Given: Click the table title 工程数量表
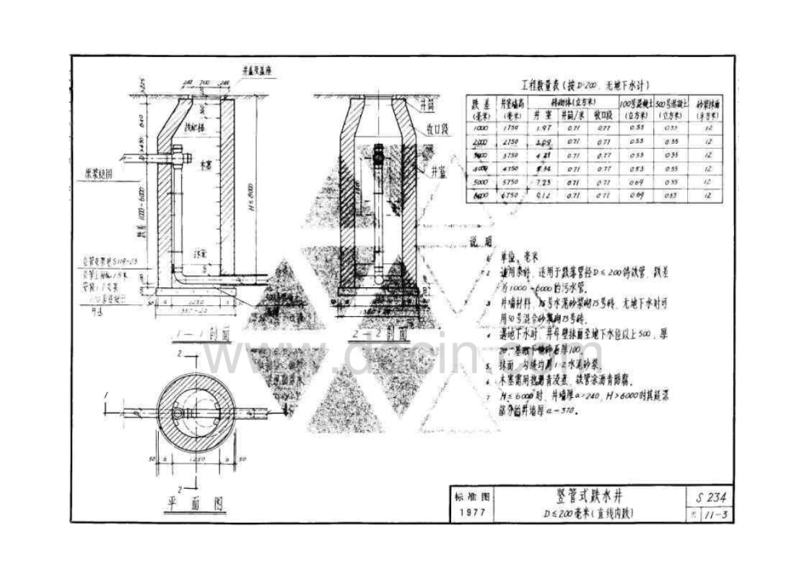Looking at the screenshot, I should click(534, 85).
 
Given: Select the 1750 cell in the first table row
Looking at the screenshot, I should click(511, 127).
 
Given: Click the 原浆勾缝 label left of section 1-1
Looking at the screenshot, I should click(99, 173).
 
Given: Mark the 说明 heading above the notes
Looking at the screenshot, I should click(481, 241).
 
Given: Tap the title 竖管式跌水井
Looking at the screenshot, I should click(588, 497).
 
